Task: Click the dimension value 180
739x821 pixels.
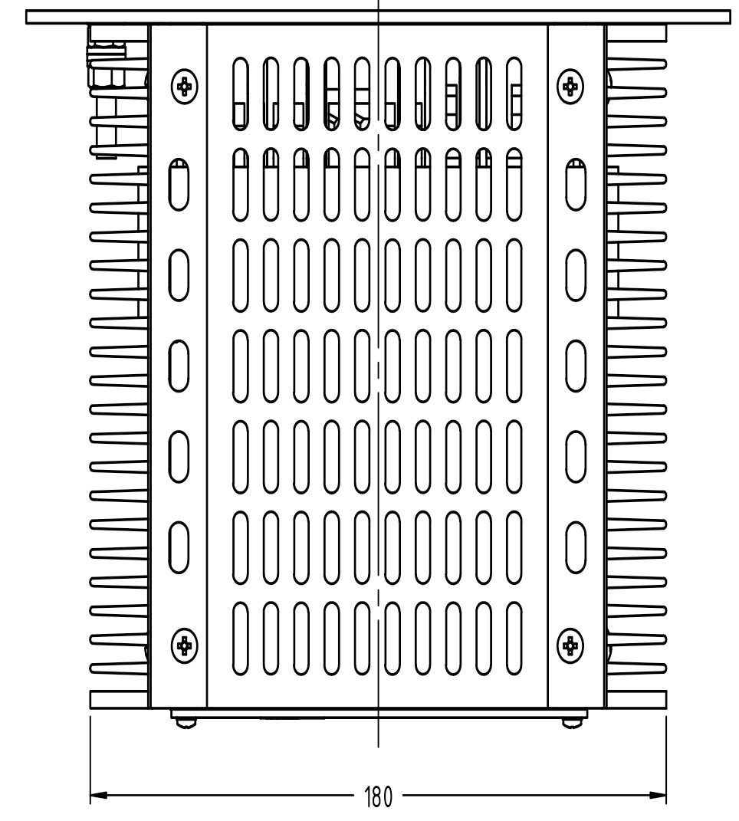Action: [376, 797]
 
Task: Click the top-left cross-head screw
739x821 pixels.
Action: [184, 87]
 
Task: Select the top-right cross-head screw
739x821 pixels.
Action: [570, 87]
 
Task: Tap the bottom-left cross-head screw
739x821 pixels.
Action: [184, 645]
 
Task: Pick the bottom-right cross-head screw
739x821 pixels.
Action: [570, 645]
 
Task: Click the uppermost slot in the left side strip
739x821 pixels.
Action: [179, 184]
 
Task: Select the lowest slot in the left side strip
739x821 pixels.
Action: [179, 547]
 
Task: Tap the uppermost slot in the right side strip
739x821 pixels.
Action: [576, 184]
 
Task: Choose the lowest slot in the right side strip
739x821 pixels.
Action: [576, 547]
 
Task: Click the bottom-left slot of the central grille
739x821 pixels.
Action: [240, 638]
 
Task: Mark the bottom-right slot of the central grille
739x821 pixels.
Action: [514, 638]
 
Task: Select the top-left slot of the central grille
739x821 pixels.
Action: [240, 91]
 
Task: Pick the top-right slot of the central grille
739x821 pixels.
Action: [514, 91]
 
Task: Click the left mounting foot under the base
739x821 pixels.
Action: [183, 721]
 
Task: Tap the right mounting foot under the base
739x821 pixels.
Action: [570, 721]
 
